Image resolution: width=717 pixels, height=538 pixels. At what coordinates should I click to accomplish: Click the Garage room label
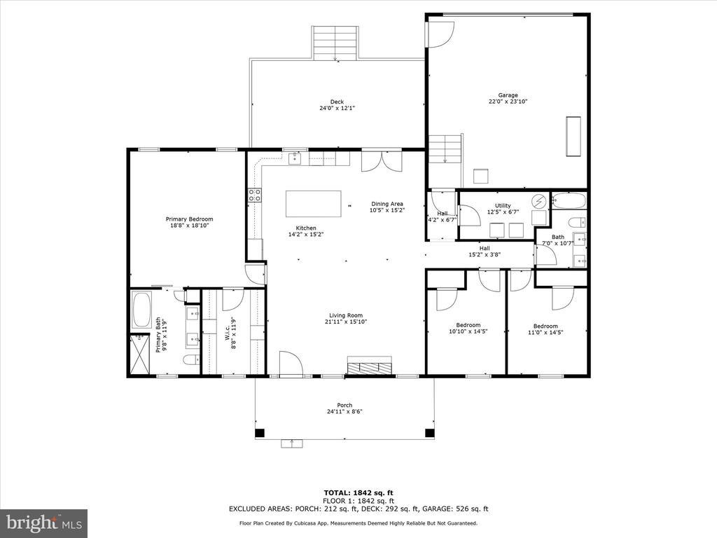point(508,95)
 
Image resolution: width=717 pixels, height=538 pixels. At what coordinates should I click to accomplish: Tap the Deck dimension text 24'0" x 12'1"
point(337,109)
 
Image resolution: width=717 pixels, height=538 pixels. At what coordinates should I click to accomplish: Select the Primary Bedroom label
point(189,219)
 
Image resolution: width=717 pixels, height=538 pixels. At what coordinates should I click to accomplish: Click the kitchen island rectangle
point(313,204)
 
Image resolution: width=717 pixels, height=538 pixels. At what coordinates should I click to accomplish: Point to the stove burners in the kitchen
point(253,195)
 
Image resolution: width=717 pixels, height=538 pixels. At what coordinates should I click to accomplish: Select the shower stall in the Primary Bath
point(140,354)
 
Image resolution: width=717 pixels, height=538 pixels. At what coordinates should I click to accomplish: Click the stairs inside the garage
point(445,149)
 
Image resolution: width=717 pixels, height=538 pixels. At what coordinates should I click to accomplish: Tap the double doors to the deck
point(382,160)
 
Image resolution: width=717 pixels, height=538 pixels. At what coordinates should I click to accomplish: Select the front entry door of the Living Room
point(290,364)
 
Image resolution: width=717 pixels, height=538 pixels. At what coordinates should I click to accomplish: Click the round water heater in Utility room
point(540,201)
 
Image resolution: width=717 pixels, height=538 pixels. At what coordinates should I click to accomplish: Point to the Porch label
point(344,405)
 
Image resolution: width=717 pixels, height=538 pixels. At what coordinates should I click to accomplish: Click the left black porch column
point(260,433)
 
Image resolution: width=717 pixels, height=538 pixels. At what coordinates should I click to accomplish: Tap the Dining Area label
point(387,204)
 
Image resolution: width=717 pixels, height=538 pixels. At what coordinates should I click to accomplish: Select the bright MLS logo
point(43,523)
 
